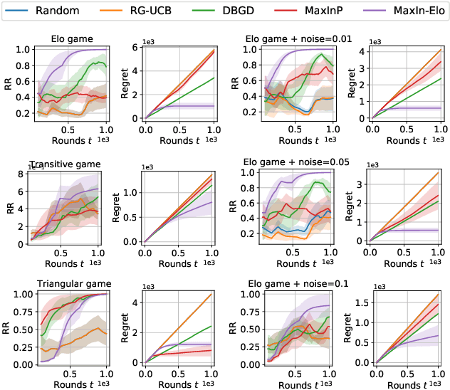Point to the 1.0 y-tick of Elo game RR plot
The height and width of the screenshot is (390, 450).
[x=23, y=50]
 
